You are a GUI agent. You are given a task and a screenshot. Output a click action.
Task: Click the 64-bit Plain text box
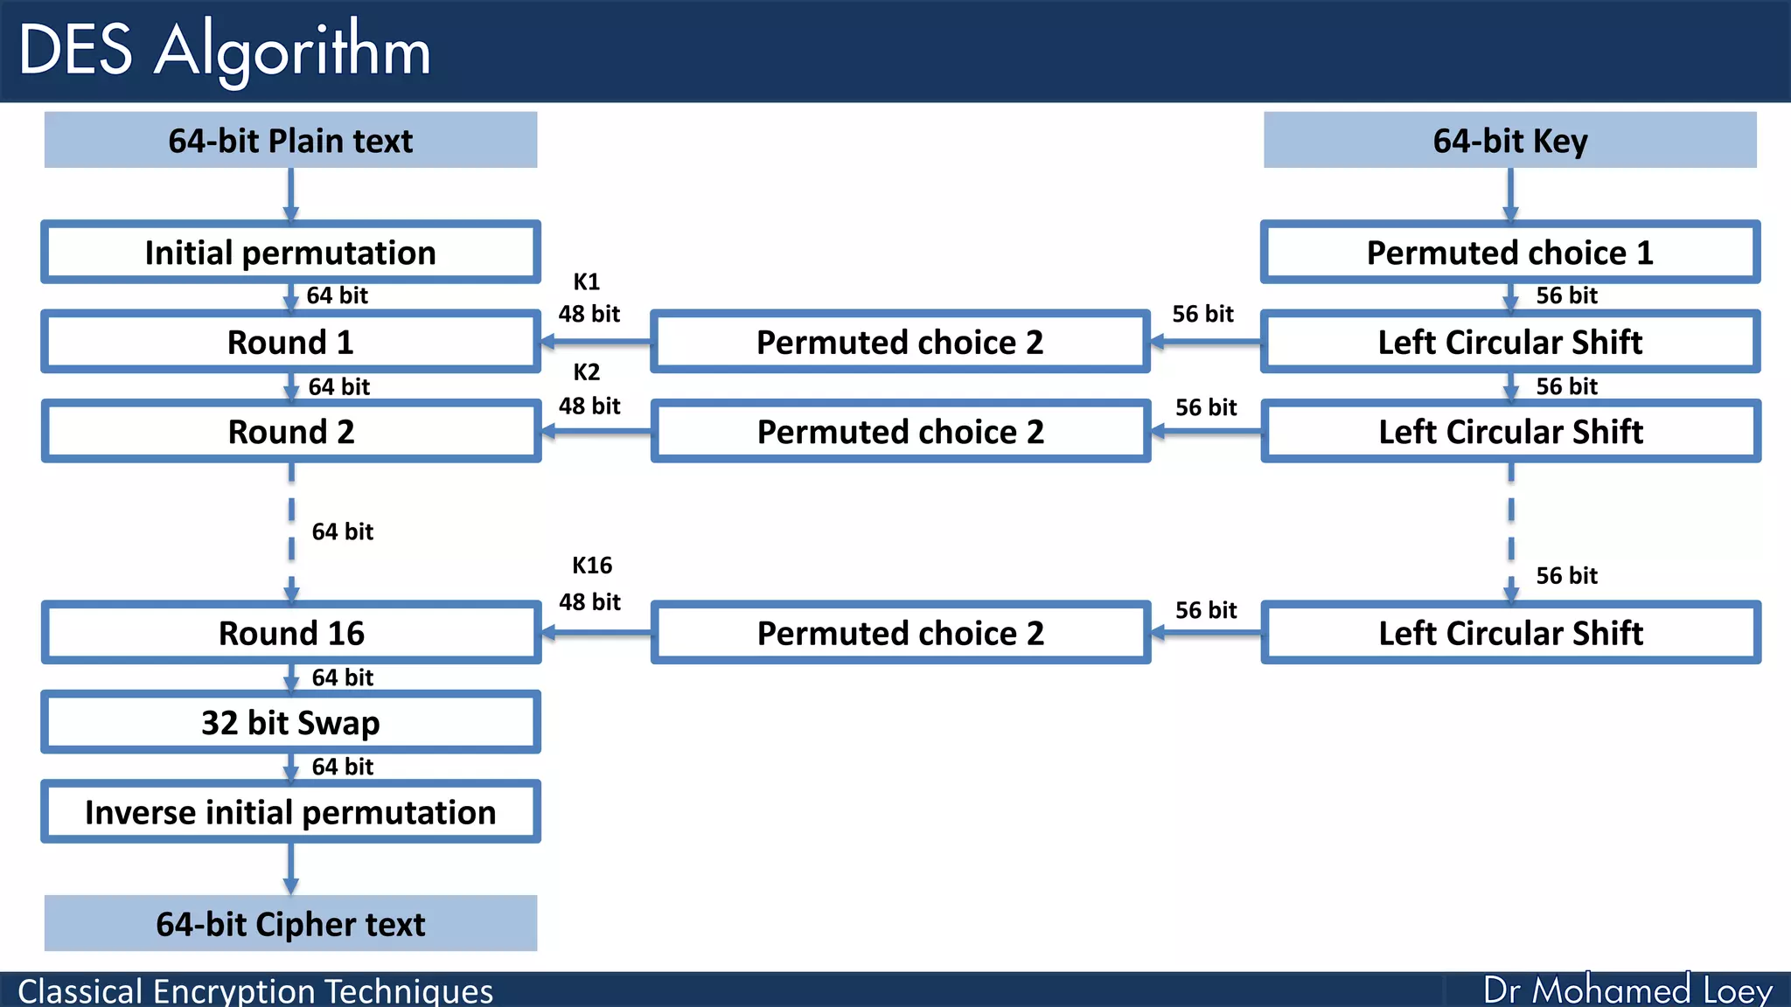pos(290,140)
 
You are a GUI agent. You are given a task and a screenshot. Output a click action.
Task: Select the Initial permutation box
pos(290,253)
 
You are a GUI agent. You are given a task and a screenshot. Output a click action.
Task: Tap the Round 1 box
pos(290,342)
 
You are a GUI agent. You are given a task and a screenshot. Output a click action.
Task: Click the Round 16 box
pos(290,633)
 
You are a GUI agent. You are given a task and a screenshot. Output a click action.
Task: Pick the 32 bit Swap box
pos(290,723)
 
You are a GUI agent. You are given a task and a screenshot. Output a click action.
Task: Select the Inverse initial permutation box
pos(290,812)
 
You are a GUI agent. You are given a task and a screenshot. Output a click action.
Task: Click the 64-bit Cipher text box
pos(290,924)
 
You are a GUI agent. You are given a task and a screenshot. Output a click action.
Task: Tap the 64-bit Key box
pos(1509,140)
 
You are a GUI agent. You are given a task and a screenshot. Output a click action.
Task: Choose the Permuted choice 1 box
pos(1509,253)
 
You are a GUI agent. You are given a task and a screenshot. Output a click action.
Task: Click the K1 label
pos(586,281)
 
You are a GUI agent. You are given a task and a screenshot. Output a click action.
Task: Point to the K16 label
pos(592,566)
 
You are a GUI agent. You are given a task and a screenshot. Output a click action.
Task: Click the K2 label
pos(586,372)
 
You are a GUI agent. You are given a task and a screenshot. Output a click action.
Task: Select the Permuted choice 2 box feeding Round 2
pos(900,432)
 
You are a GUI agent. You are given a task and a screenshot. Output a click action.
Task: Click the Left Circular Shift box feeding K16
pos(1509,633)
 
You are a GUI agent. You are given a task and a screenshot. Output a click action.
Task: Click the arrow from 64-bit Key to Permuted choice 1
pos(1509,194)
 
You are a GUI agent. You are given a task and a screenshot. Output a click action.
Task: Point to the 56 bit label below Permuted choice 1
pos(1566,295)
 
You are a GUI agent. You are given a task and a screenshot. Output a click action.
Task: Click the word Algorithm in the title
pos(292,51)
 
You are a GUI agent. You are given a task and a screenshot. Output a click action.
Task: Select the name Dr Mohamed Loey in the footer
pos(1627,990)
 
